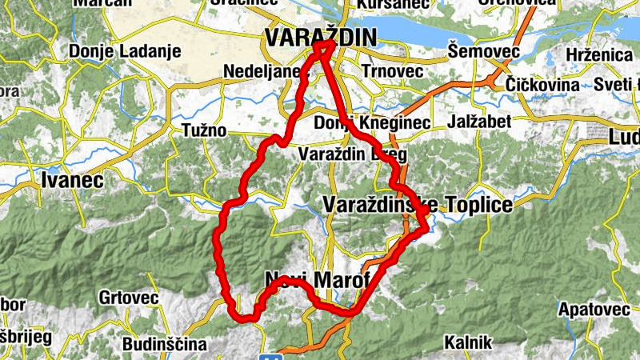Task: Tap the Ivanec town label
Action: [71, 181]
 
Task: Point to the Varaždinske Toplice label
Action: [417, 205]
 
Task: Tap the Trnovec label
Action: [391, 70]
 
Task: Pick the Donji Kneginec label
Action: [372, 123]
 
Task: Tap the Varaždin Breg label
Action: [352, 154]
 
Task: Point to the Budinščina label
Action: [164, 344]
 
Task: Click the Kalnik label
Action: [468, 342]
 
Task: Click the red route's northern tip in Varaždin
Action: [323, 46]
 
